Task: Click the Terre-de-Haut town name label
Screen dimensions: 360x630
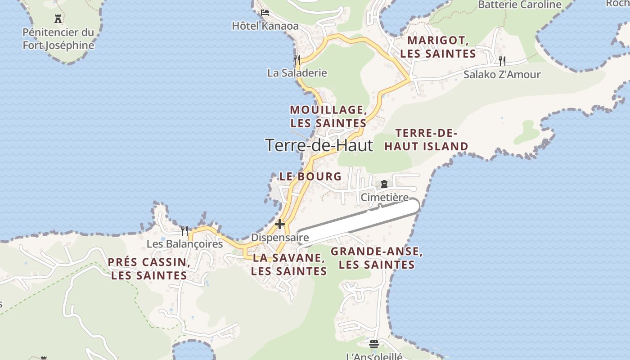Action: tap(319, 145)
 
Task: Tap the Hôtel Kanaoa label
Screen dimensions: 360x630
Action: tap(265, 26)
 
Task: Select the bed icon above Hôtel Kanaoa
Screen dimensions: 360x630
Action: tap(265, 12)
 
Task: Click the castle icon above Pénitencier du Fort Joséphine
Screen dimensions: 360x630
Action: tap(58, 19)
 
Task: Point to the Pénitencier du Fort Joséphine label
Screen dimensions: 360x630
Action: tap(58, 39)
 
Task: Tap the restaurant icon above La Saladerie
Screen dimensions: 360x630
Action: tap(297, 59)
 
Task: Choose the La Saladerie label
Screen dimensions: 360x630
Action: tap(297, 72)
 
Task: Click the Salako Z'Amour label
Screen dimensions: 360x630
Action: tap(502, 74)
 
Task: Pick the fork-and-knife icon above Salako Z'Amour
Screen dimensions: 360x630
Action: tap(502, 60)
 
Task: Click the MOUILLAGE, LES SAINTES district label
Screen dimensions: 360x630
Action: tap(328, 116)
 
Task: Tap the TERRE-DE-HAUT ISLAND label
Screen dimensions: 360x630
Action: tap(426, 139)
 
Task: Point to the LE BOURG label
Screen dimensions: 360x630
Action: tap(310, 176)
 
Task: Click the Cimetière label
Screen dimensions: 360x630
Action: tap(385, 197)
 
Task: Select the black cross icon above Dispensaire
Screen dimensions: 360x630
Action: tap(280, 224)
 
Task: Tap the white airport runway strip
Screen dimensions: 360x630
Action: tap(360, 223)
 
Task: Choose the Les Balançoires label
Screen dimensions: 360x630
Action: tap(184, 244)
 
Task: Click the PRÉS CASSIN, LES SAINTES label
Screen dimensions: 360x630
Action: tap(149, 269)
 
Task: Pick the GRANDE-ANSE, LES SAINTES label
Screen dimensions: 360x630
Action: tap(377, 258)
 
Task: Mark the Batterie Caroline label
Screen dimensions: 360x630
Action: tap(520, 5)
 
